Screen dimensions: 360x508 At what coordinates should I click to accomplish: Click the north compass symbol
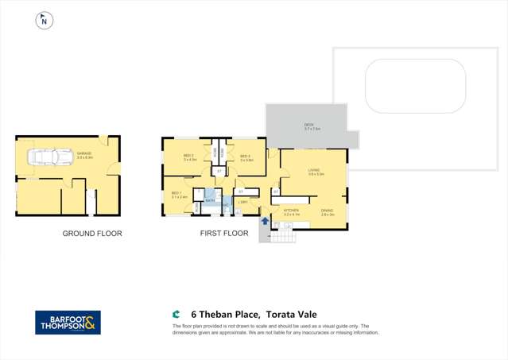[x=43, y=21]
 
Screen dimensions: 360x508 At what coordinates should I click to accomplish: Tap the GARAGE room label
[x=84, y=154]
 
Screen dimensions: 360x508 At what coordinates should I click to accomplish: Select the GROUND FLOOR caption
[x=92, y=234]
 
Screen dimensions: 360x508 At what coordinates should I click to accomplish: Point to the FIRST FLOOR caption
[x=225, y=234]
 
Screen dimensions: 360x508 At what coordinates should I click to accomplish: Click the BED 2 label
[x=189, y=157]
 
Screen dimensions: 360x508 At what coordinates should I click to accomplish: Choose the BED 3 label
[x=246, y=157]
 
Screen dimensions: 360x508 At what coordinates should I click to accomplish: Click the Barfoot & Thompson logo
[x=68, y=322]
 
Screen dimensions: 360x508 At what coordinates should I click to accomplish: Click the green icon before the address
[x=176, y=314]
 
